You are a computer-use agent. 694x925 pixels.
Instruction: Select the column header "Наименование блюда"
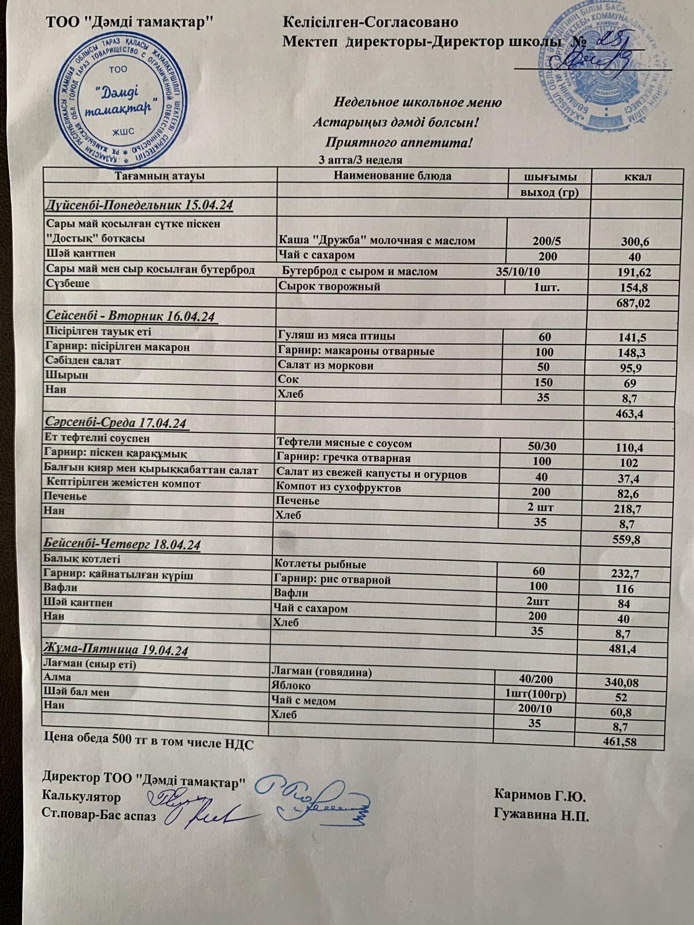[x=392, y=176]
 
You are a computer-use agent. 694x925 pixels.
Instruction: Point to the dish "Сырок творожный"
[x=329, y=287]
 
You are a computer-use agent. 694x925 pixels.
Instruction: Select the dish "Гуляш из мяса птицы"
[x=337, y=336]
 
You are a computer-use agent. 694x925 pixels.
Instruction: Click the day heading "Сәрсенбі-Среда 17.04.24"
[x=117, y=423]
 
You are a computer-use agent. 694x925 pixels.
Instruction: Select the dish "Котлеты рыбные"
[x=321, y=564]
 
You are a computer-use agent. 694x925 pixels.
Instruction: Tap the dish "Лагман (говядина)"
[x=321, y=672]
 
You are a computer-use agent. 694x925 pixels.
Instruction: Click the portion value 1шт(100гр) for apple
[x=536, y=694]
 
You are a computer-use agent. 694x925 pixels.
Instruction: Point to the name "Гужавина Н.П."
[x=541, y=815]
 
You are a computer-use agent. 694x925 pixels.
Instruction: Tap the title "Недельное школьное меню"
[x=418, y=103]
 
